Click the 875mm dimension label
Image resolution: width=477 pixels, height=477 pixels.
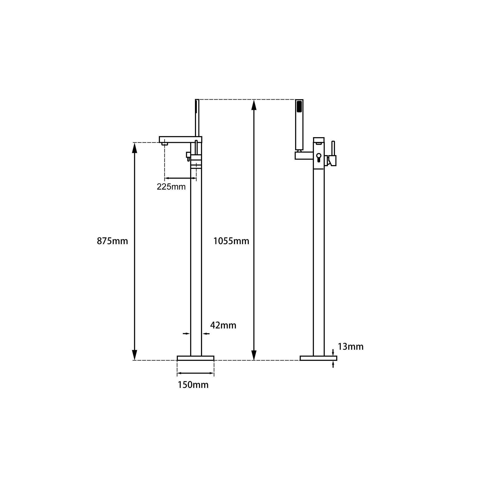(112, 241)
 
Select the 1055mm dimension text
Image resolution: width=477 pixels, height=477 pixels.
(231, 241)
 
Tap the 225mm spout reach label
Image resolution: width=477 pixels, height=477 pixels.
(171, 187)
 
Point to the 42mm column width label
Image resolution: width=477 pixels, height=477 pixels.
(223, 325)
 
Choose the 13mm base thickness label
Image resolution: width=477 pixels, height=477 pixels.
(351, 347)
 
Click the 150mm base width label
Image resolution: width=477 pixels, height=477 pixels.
(193, 385)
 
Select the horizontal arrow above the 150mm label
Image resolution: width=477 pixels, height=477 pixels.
(195, 373)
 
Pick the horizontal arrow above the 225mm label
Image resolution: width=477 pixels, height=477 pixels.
(180, 178)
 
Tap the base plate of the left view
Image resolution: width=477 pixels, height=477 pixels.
(195, 358)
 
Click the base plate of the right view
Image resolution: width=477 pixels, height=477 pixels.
(318, 358)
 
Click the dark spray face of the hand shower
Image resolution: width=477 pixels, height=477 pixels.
(299, 108)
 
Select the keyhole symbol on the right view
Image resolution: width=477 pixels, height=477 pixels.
(319, 157)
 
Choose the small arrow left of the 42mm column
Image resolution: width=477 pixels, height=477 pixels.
(186, 334)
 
